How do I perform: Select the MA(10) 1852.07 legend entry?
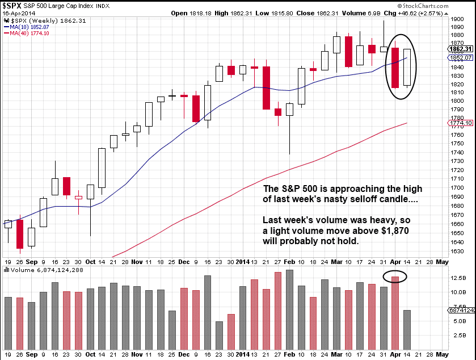click(28, 27)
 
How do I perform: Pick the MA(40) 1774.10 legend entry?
click(28, 34)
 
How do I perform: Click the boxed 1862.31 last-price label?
click(464, 49)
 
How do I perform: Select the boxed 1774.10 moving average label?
click(464, 123)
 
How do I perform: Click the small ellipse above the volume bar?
click(394, 277)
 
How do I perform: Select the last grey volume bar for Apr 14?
click(407, 328)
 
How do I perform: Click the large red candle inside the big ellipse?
click(395, 68)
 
